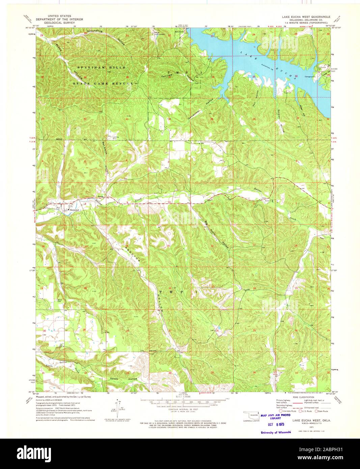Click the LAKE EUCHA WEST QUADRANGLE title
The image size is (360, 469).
305,16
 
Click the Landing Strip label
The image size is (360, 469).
111,138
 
